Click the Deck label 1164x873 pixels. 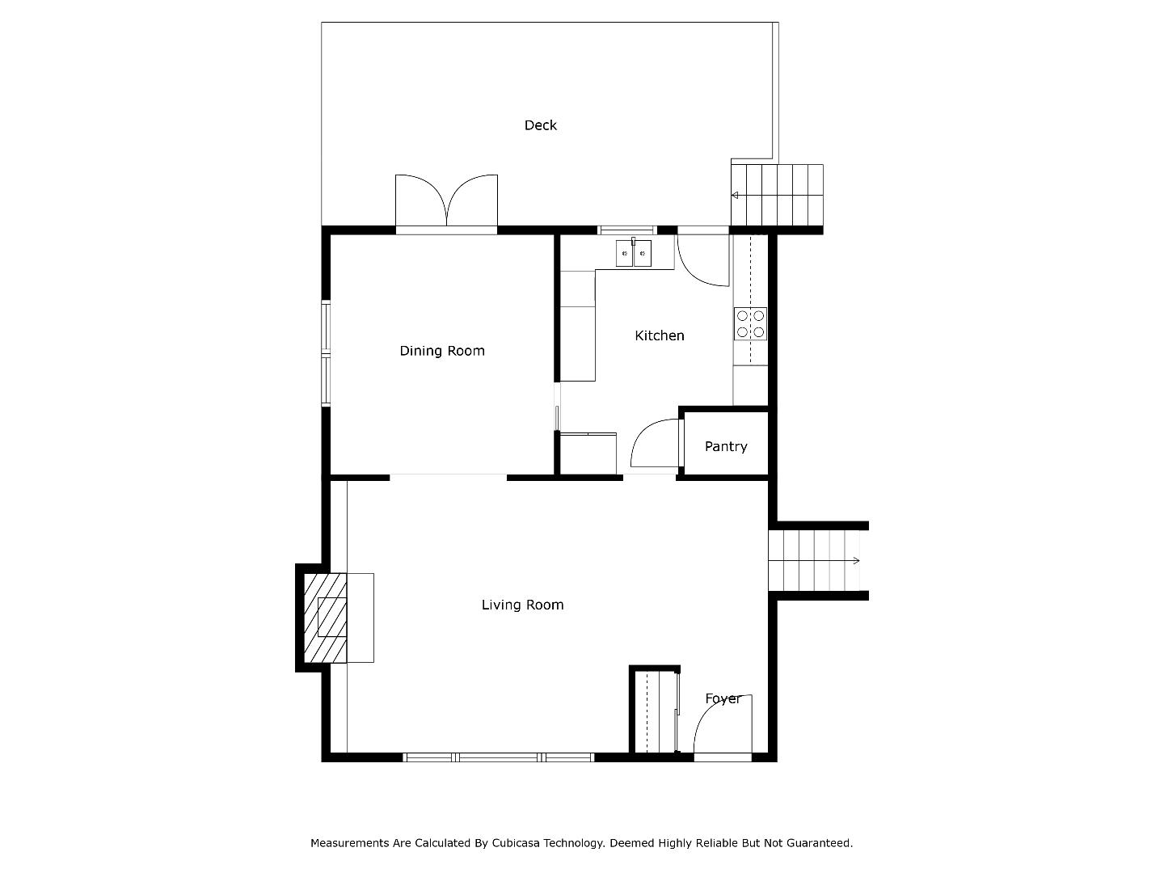pyautogui.click(x=541, y=125)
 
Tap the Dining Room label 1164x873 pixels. pyautogui.click(x=441, y=351)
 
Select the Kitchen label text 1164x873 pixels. pyautogui.click(x=659, y=335)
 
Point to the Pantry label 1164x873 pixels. pyautogui.click(x=725, y=447)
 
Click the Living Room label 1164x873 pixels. pyautogui.click(x=522, y=605)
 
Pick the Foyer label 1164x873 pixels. pyautogui.click(x=723, y=698)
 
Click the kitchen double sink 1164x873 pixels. pyautogui.click(x=633, y=253)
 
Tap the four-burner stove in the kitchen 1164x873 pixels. pyautogui.click(x=750, y=324)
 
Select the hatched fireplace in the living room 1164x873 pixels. pyautogui.click(x=325, y=618)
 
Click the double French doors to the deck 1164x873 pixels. pyautogui.click(x=446, y=204)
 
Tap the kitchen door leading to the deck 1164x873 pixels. pyautogui.click(x=703, y=259)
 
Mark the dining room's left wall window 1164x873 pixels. pyautogui.click(x=326, y=353)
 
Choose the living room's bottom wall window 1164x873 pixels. pyautogui.click(x=498, y=757)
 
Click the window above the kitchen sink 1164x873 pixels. pyautogui.click(x=627, y=230)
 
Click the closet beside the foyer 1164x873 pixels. pyautogui.click(x=655, y=711)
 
